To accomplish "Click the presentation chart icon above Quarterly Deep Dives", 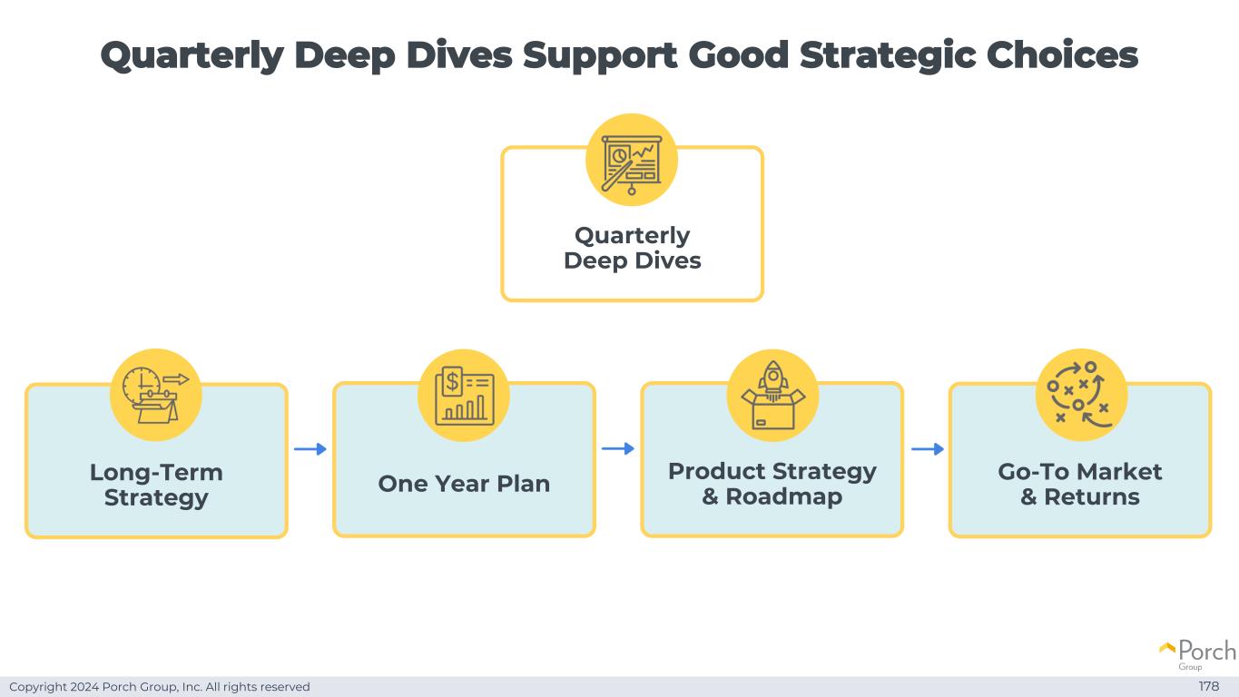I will point(632,160).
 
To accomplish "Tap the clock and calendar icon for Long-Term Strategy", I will point(155,395).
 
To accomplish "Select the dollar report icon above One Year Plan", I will point(464,395).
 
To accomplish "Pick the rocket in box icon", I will point(772,395).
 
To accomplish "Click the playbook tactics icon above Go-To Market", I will point(1080,395).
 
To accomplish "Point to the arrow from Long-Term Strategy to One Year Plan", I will point(310,448).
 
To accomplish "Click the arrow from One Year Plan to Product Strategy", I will point(618,448).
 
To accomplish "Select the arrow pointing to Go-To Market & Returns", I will point(927,448).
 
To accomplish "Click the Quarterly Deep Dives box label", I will point(632,248).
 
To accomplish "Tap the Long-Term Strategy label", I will point(156,485).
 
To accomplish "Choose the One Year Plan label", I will point(464,484).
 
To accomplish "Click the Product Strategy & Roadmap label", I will point(772,484).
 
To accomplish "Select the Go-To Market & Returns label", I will point(1079,484).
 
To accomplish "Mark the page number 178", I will point(1208,686).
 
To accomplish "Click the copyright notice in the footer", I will point(160,687).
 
